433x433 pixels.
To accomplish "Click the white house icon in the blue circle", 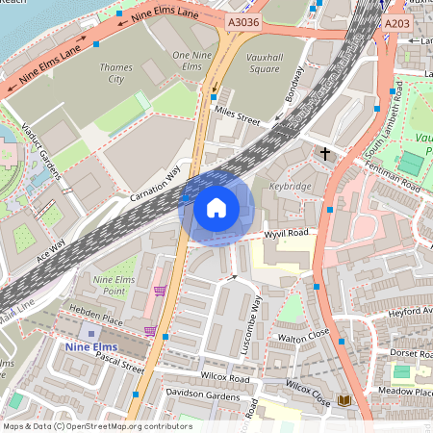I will pos(216,207).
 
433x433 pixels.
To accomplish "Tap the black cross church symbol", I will pos(325,153).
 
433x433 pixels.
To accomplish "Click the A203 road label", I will pos(395,23).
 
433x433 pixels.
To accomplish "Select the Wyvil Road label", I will pos(286,234).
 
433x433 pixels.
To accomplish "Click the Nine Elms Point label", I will pos(109,285).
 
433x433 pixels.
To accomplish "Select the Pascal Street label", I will pos(118,366).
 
